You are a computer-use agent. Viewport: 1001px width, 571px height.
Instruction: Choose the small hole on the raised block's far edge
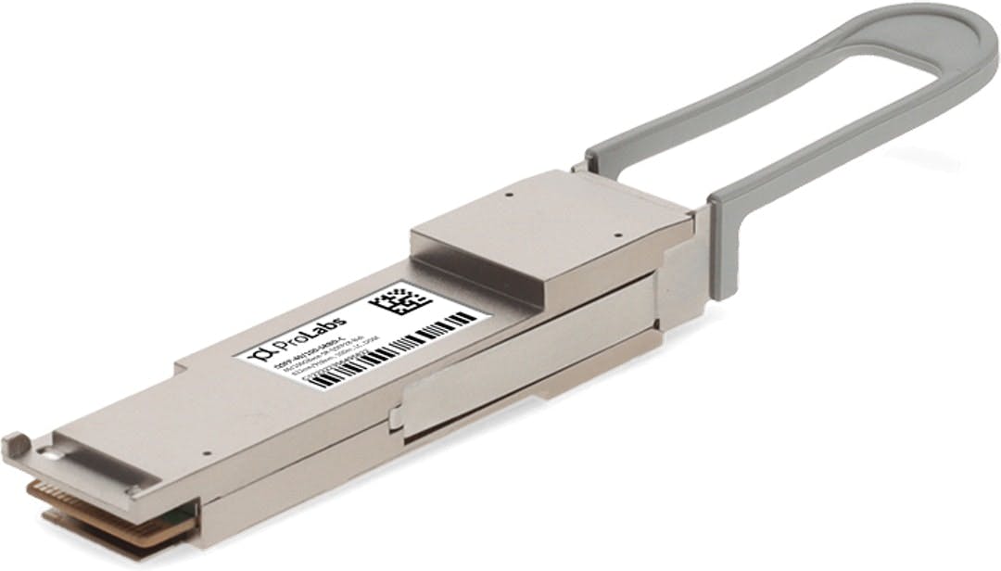[509, 196]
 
